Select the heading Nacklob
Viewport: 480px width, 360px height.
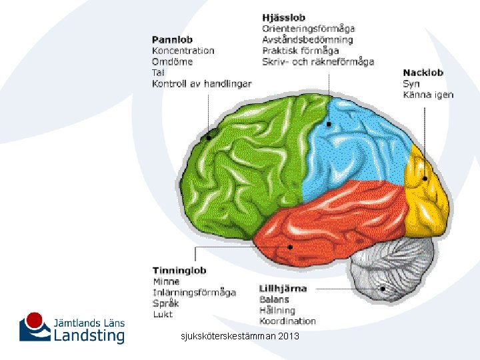423,73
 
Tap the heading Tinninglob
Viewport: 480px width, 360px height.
179,270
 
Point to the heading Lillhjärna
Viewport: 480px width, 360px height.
283,289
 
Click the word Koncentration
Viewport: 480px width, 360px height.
183,51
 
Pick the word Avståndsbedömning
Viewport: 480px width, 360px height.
307,39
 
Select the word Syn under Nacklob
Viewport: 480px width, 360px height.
411,83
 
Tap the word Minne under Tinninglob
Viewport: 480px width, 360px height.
166,281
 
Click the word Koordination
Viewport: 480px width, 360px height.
287,321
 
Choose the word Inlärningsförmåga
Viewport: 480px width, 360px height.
194,292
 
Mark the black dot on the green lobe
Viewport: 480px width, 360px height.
209,137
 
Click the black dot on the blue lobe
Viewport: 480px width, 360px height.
329,124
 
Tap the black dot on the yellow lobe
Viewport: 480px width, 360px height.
425,178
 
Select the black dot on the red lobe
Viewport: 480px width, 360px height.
291,247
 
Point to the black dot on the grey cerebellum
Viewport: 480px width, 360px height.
383,289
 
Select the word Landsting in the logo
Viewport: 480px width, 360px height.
89,335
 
